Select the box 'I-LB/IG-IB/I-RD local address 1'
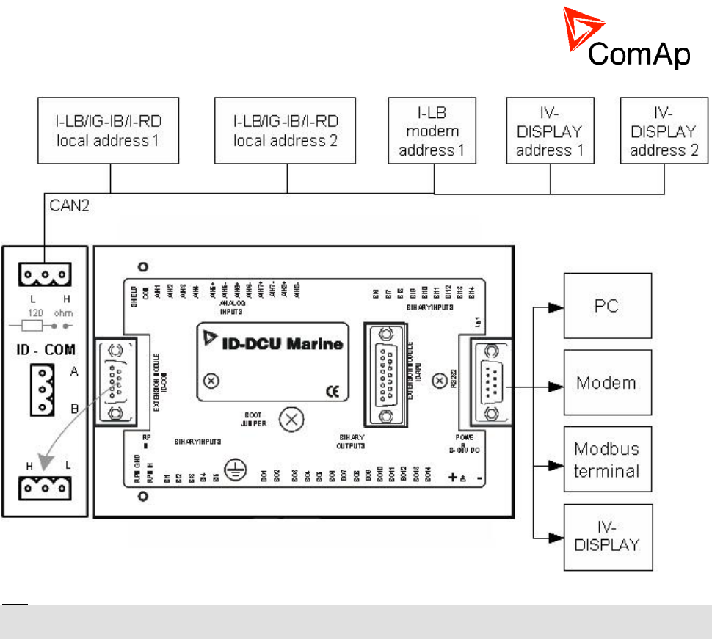tap(109, 131)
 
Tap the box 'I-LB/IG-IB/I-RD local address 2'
tap(286, 131)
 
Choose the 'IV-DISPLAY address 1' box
tap(550, 131)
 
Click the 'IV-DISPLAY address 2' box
tap(664, 131)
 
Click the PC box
tap(607, 305)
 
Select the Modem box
tap(607, 382)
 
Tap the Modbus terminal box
tap(607, 459)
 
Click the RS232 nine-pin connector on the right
tap(484, 381)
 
